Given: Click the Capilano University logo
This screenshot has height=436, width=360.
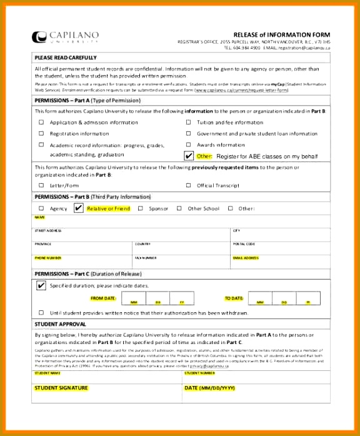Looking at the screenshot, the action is click(x=65, y=37).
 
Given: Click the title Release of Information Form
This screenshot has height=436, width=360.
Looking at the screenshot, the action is click(x=281, y=34).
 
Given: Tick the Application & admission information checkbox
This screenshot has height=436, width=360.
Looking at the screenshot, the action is click(x=42, y=123).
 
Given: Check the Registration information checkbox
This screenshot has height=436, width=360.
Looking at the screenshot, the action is click(x=42, y=133).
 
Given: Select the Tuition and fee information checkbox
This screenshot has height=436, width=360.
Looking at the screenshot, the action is click(x=188, y=123).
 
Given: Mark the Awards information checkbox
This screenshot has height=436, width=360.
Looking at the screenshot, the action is click(x=188, y=144).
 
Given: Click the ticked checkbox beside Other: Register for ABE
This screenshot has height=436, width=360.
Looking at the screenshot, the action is click(x=189, y=156).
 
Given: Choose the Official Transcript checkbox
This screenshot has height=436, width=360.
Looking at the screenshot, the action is click(x=188, y=185).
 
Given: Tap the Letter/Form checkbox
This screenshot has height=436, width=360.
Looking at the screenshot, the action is click(x=42, y=185).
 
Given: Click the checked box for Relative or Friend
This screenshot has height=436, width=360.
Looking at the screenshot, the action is click(x=78, y=208).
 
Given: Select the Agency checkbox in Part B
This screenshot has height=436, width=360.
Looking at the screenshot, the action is click(x=42, y=208).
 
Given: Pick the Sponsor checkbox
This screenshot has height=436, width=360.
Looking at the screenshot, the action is click(x=141, y=208).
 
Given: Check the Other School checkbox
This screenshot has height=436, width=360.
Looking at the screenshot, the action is click(x=179, y=208).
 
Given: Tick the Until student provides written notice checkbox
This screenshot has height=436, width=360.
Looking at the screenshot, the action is click(x=42, y=312).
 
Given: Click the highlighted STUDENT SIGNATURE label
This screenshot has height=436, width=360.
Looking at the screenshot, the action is click(x=61, y=388).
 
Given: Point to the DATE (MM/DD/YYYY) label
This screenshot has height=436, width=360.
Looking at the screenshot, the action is click(x=210, y=388).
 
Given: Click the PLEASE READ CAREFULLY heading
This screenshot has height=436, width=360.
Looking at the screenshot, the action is click(x=61, y=58).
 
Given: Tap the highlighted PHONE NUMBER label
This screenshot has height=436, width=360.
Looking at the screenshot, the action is click(x=47, y=258).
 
